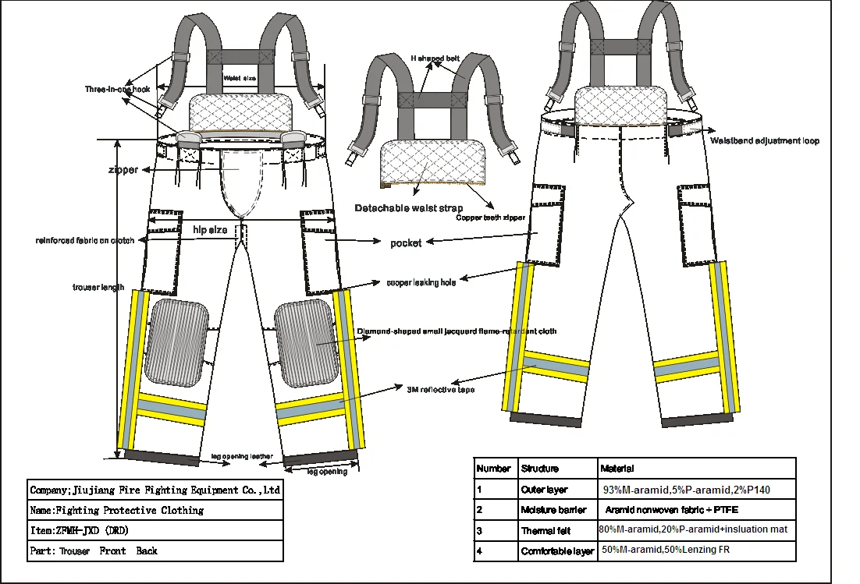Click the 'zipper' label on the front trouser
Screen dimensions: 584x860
(x=123, y=170)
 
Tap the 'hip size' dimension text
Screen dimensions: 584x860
(x=210, y=230)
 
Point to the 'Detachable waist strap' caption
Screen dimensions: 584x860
(x=408, y=208)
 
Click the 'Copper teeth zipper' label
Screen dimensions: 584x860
(x=491, y=218)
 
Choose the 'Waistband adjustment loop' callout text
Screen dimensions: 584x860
(x=764, y=140)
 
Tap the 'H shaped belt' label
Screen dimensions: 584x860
(x=435, y=58)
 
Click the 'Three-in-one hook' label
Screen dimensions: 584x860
(x=117, y=90)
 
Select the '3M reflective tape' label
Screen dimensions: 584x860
(x=440, y=389)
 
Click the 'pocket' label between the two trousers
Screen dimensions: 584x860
(x=406, y=243)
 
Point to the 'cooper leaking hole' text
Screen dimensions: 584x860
(x=421, y=282)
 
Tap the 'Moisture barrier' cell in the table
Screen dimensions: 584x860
(x=544, y=509)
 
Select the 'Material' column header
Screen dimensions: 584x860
(x=617, y=469)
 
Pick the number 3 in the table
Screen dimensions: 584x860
(x=480, y=530)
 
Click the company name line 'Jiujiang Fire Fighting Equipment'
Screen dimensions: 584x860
(x=155, y=490)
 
